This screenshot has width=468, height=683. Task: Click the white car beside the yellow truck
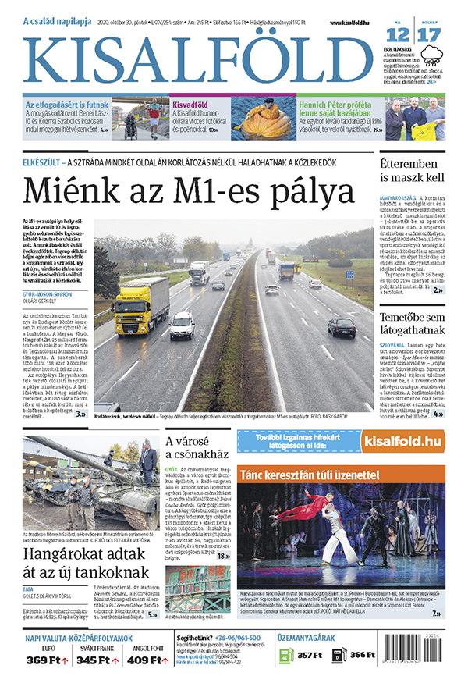(x=183, y=325)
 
